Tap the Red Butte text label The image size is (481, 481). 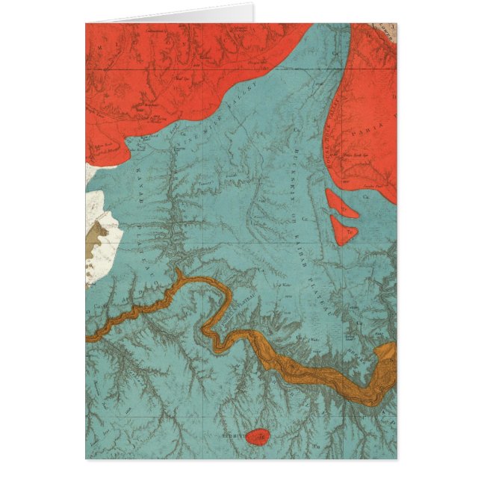click(237, 433)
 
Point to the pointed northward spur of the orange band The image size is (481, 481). click(180, 276)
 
